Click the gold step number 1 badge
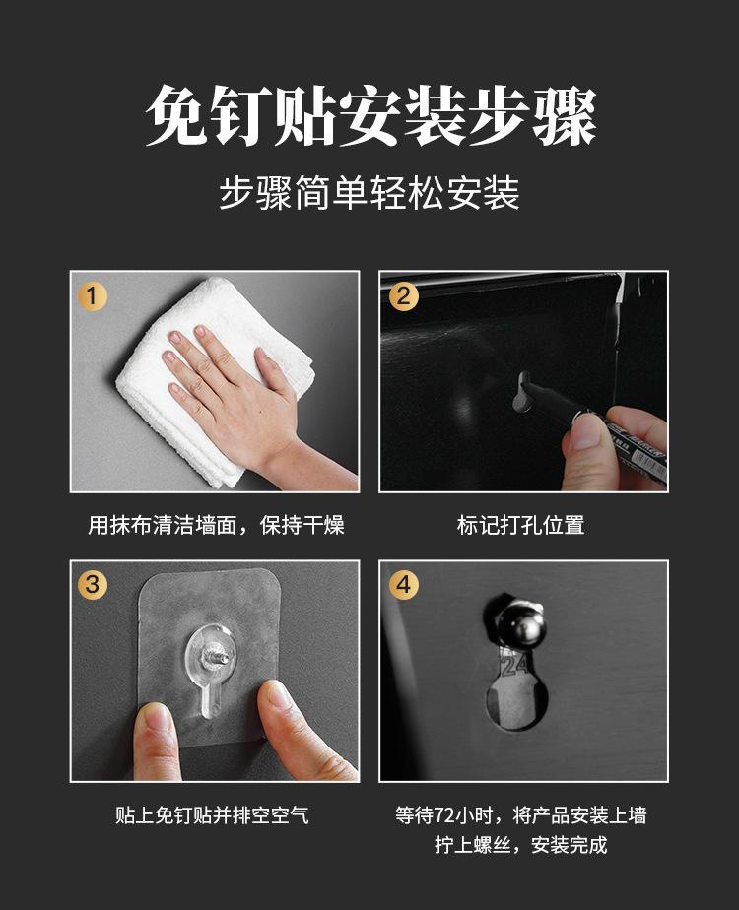(93, 296)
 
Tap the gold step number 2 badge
(403, 296)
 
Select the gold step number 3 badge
(93, 584)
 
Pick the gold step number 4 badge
(403, 584)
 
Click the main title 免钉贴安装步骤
(369, 115)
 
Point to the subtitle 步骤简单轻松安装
(369, 193)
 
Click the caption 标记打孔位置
(520, 525)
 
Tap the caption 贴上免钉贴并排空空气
(212, 815)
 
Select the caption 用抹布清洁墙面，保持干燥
(216, 525)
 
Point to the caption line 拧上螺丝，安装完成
(520, 845)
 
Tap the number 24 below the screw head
(513, 665)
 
